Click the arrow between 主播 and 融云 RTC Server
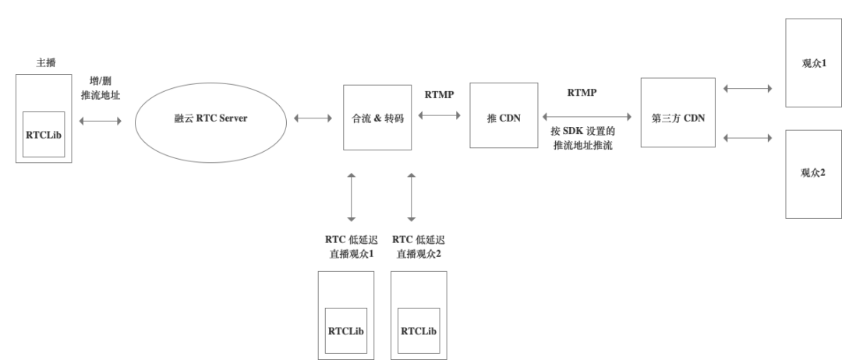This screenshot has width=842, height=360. click(101, 120)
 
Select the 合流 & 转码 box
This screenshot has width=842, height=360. click(377, 119)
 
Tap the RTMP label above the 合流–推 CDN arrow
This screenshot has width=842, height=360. click(440, 94)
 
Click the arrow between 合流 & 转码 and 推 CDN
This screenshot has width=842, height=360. click(440, 115)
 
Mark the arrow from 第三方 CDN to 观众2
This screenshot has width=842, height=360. click(748, 139)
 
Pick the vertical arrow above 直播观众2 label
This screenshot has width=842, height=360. click(411, 196)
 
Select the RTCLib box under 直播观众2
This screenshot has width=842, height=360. click(419, 330)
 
